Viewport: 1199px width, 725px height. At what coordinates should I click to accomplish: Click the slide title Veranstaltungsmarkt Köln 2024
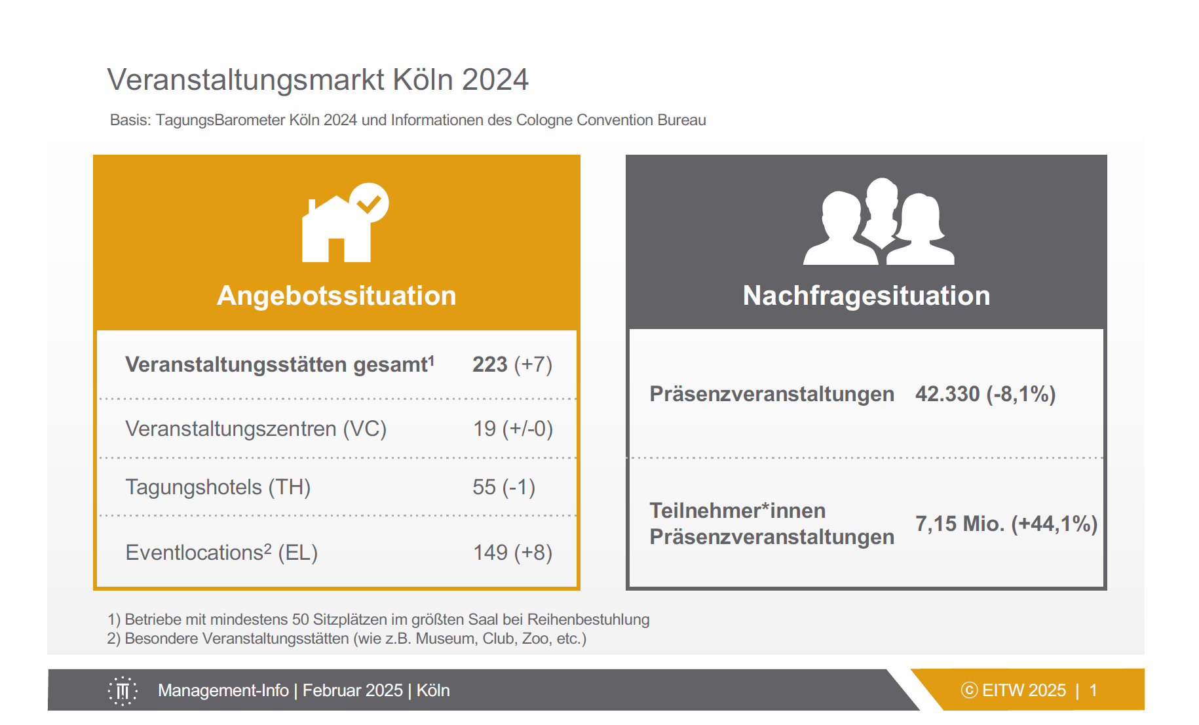[318, 80]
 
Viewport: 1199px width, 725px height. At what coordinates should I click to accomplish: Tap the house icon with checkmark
[345, 223]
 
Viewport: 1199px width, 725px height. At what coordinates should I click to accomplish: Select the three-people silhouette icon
[879, 222]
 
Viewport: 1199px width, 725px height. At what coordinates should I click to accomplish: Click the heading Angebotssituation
[337, 296]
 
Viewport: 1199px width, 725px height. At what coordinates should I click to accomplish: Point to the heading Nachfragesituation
[866, 296]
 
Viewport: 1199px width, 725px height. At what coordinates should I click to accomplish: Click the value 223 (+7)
[512, 364]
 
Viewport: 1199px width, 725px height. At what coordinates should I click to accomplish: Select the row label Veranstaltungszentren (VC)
[256, 429]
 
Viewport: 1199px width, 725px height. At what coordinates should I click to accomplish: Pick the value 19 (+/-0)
[513, 429]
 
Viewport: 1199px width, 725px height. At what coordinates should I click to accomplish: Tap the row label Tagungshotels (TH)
[218, 487]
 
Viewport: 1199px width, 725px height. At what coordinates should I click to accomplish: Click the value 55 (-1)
[504, 487]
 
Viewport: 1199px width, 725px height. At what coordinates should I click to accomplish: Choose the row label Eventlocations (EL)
[221, 553]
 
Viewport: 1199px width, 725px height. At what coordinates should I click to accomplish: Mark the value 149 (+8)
[513, 553]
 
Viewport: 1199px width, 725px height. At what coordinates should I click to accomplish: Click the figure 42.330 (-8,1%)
[985, 394]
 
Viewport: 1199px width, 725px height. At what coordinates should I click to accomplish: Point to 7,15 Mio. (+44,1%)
[1006, 524]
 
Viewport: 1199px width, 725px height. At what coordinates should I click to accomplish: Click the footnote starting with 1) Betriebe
[379, 619]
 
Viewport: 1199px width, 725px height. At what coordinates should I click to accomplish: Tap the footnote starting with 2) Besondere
[347, 638]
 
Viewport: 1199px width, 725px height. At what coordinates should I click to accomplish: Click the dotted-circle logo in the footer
[123, 691]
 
